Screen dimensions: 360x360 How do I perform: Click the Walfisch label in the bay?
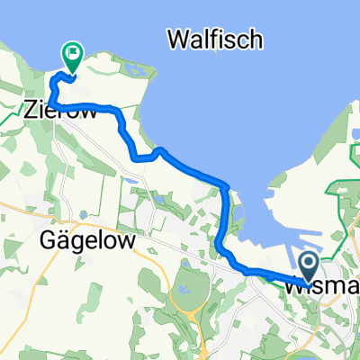tap(215, 39)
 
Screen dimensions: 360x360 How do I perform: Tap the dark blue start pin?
tap(308, 265)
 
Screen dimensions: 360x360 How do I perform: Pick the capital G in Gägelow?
tap(50, 241)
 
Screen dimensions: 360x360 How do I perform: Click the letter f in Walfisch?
tap(224, 39)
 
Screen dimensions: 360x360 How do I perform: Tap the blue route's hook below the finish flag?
tap(54, 90)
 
